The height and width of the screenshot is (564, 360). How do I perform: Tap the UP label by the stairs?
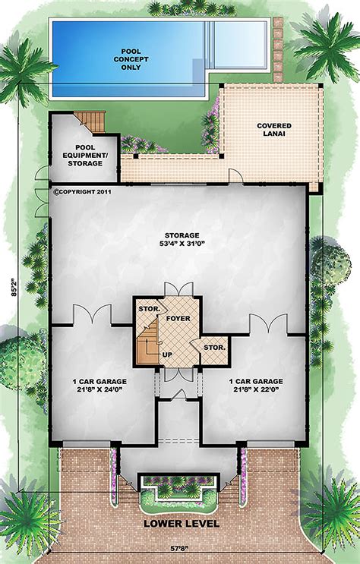[x=166, y=354]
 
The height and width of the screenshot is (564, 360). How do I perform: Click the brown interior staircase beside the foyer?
[x=150, y=344]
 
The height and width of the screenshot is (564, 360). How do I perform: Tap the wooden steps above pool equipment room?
[x=91, y=121]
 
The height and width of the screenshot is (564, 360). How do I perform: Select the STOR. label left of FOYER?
[x=147, y=310]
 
